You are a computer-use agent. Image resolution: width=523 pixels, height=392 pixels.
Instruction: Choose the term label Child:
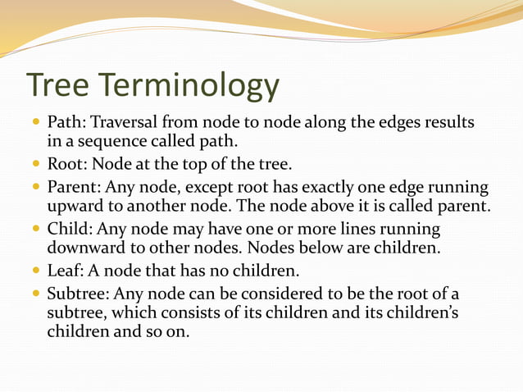70,229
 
